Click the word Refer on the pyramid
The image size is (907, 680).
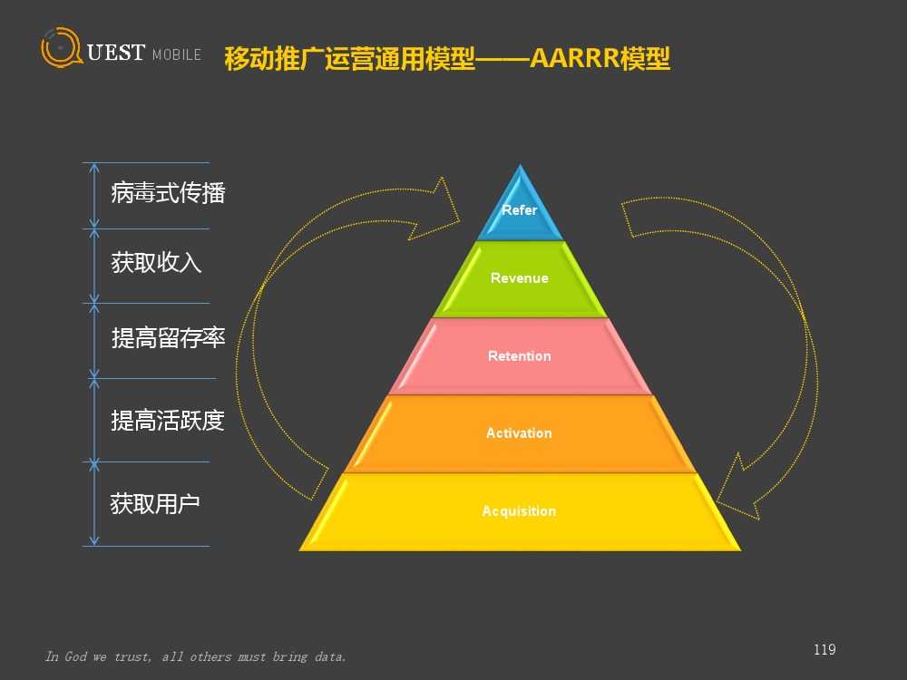pyautogui.click(x=520, y=210)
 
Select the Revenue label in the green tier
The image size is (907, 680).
pyautogui.click(x=520, y=278)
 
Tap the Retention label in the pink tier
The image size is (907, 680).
pyautogui.click(x=520, y=356)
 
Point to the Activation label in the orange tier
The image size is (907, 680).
pyautogui.click(x=519, y=433)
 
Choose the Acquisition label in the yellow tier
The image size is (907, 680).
pyautogui.click(x=519, y=511)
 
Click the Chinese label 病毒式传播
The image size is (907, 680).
pyautogui.click(x=168, y=192)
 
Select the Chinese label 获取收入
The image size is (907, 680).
pyautogui.click(x=156, y=263)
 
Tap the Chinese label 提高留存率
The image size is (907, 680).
pyautogui.click(x=168, y=337)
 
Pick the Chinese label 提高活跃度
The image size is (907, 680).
pyautogui.click(x=168, y=421)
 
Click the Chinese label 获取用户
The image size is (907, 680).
pyautogui.click(x=155, y=503)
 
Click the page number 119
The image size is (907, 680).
pyautogui.click(x=824, y=649)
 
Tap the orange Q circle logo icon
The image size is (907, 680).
pyautogui.click(x=61, y=47)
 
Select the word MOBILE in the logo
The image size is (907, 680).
pyautogui.click(x=177, y=55)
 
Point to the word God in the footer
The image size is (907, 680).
pyautogui.click(x=75, y=656)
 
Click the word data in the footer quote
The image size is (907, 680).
pyautogui.click(x=330, y=656)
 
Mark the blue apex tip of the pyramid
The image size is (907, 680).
pyautogui.click(x=520, y=165)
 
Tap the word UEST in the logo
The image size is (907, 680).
pyautogui.click(x=116, y=53)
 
